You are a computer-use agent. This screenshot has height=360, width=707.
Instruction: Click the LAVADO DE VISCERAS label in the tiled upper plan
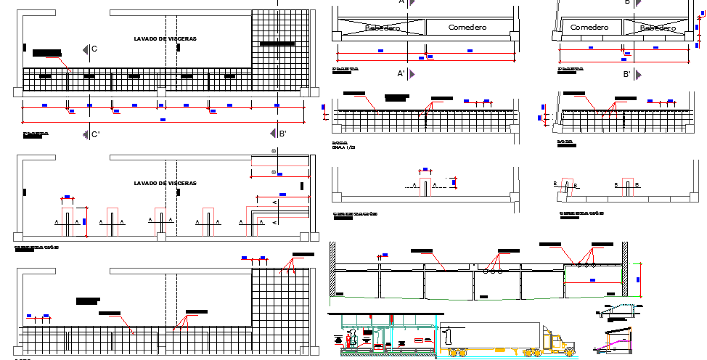[x=165, y=38]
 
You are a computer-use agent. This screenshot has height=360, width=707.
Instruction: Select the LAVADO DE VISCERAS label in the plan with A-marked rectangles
[x=165, y=183]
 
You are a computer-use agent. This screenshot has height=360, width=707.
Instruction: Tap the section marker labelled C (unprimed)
[x=94, y=49]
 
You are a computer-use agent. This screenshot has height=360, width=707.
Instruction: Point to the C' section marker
[x=95, y=134]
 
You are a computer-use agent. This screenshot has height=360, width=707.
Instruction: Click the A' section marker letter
[x=401, y=74]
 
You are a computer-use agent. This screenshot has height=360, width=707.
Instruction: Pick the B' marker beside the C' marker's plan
[x=282, y=134]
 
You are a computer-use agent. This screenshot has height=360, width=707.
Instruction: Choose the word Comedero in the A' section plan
[x=467, y=28]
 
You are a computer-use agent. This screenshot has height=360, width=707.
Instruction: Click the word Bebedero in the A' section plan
[x=383, y=28]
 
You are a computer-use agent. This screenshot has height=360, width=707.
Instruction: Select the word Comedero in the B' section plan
[x=589, y=27]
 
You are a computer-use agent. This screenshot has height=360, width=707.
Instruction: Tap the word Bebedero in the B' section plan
[x=658, y=28]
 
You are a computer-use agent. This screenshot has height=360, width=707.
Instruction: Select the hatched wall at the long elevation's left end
[x=332, y=269]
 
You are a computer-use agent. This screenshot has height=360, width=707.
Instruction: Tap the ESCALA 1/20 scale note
[x=343, y=147]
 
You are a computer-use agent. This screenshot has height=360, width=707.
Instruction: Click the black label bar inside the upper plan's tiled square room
[x=277, y=44]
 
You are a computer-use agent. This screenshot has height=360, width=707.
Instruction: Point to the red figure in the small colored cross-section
[x=352, y=339]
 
